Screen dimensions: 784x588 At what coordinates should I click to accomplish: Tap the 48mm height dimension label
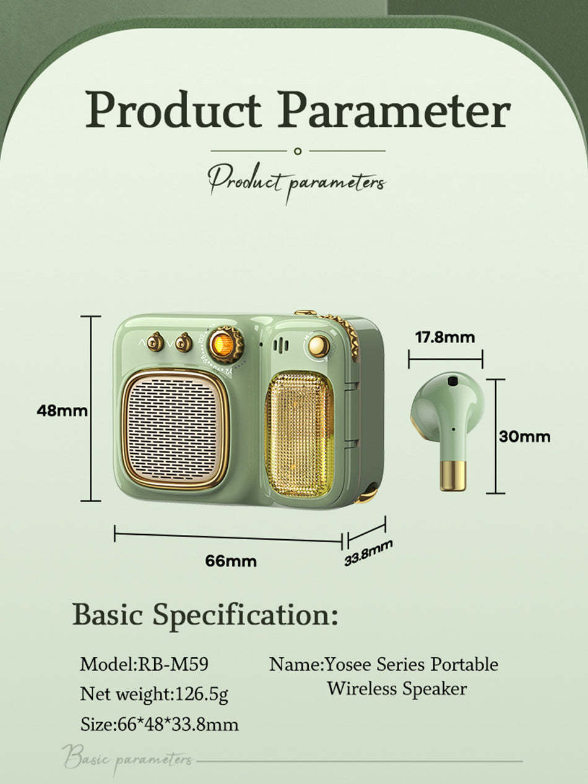[62, 411]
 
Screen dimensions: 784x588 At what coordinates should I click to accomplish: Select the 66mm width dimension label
[231, 561]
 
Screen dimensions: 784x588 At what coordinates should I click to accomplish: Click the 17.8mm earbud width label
[445, 337]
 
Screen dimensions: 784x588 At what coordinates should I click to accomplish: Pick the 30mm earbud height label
[525, 437]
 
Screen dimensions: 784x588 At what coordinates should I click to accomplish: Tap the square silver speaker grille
[175, 428]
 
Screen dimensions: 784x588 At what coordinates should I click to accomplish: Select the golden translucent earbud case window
[300, 433]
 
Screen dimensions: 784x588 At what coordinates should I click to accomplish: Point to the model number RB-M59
[172, 665]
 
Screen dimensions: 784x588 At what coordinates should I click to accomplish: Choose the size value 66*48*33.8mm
[177, 724]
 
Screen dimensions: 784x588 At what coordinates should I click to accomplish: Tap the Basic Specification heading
[205, 615]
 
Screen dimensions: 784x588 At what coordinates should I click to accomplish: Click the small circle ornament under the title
[298, 151]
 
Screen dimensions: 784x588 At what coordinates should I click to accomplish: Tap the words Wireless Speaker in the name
[397, 688]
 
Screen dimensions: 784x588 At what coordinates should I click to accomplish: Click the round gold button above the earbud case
[319, 346]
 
